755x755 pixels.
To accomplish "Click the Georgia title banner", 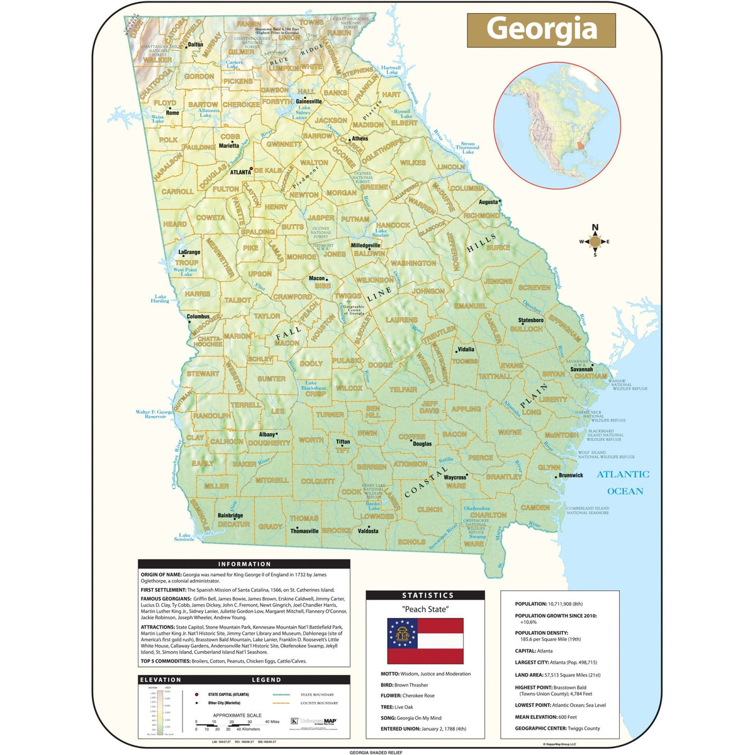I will (x=541, y=30).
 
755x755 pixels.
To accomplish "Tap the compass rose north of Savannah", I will (x=595, y=241).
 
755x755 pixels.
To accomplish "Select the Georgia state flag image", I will (x=425, y=640).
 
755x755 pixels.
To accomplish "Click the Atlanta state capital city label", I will (x=240, y=172).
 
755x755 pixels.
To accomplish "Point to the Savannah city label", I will (x=581, y=369).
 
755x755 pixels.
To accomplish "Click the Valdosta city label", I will (x=368, y=531).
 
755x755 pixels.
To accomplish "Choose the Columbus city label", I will (x=198, y=317).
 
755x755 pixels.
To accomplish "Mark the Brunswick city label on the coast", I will (x=571, y=476).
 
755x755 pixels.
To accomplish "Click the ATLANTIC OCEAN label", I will (x=623, y=483).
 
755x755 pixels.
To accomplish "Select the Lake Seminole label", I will (x=184, y=537).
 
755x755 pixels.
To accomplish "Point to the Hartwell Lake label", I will (x=391, y=70).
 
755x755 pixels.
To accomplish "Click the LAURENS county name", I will (x=401, y=320).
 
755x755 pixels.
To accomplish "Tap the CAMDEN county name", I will (x=535, y=507).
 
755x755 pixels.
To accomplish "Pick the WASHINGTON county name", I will (x=413, y=263).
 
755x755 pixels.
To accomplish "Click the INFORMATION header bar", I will (x=244, y=564).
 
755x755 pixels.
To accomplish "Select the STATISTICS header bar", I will (x=427, y=595).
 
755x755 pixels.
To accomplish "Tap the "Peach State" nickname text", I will (x=425, y=609).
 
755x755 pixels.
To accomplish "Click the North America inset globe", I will (x=557, y=125).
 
